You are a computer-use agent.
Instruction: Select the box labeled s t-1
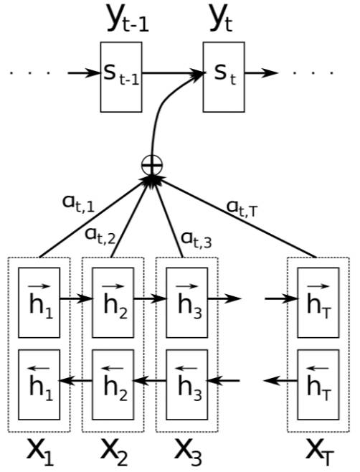(119, 77)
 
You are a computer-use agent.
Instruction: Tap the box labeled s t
(222, 77)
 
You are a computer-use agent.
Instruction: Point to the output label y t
(222, 19)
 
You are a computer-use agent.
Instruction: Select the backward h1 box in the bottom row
(39, 381)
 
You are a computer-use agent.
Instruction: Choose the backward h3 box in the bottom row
(188, 381)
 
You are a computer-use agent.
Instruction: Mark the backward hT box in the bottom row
(318, 381)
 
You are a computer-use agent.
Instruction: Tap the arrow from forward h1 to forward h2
(76, 296)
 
